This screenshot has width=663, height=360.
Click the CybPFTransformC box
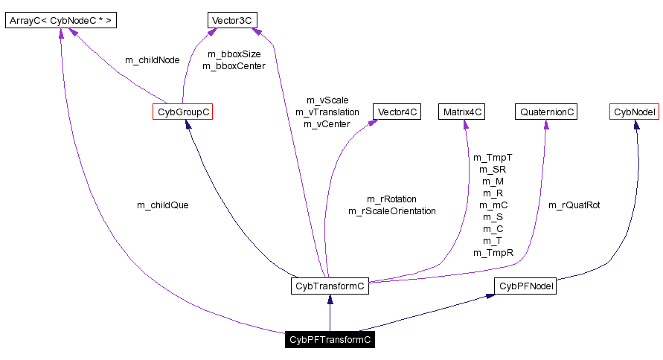coord(330,341)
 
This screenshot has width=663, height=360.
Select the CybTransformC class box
coord(330,286)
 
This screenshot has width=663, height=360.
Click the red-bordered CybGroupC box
coord(182,112)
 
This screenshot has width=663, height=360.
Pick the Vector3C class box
coord(233,20)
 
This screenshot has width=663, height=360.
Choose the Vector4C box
coord(397,112)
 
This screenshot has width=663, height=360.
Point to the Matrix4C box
coord(463,112)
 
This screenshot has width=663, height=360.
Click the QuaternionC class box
coord(546,112)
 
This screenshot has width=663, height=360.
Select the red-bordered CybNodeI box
coord(635,112)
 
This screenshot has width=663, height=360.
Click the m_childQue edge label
coord(162,205)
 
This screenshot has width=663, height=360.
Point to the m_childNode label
coord(153,60)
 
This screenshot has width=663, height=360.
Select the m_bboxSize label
coord(234,54)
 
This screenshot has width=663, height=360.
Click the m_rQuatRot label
coord(574,205)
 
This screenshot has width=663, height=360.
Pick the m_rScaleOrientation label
coord(392,211)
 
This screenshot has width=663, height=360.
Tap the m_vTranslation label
coord(327,112)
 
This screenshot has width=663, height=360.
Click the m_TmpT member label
coord(493,157)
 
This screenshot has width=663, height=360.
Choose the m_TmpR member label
coord(493,253)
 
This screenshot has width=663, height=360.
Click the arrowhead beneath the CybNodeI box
coord(636,125)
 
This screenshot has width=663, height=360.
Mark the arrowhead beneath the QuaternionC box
coord(546,125)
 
